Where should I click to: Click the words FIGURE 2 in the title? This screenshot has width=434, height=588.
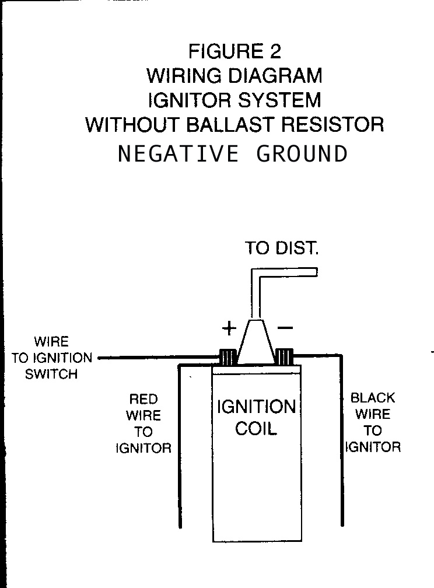click(x=235, y=51)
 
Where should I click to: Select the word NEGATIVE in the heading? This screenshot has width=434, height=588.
click(x=178, y=154)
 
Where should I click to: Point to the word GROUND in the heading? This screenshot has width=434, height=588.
click(x=302, y=154)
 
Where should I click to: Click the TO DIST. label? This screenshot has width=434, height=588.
click(x=282, y=249)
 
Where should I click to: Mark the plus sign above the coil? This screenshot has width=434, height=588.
click(x=229, y=328)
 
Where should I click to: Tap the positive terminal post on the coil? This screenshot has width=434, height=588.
click(x=228, y=356)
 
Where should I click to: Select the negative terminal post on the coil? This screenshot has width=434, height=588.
click(x=285, y=356)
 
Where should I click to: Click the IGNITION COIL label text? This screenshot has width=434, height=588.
click(x=256, y=418)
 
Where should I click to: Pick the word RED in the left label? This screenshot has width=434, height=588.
click(x=143, y=399)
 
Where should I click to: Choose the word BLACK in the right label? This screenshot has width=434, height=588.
click(x=373, y=398)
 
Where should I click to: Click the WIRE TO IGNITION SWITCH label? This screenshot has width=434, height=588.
click(x=51, y=358)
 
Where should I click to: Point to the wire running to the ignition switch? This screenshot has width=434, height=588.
click(x=157, y=358)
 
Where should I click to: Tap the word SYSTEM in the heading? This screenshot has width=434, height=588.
click(x=278, y=100)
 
